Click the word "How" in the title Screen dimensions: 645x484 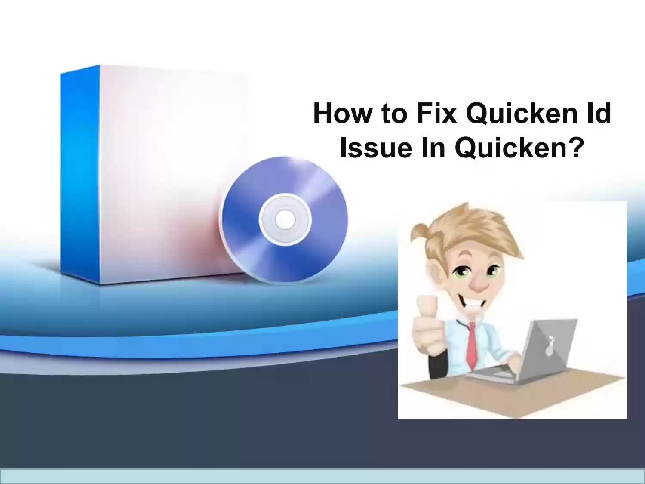[342, 113]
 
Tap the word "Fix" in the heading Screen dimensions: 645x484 [437, 113]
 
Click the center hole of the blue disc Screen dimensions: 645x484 [285, 219]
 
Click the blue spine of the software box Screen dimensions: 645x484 [80, 174]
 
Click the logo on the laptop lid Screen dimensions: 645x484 [550, 346]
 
